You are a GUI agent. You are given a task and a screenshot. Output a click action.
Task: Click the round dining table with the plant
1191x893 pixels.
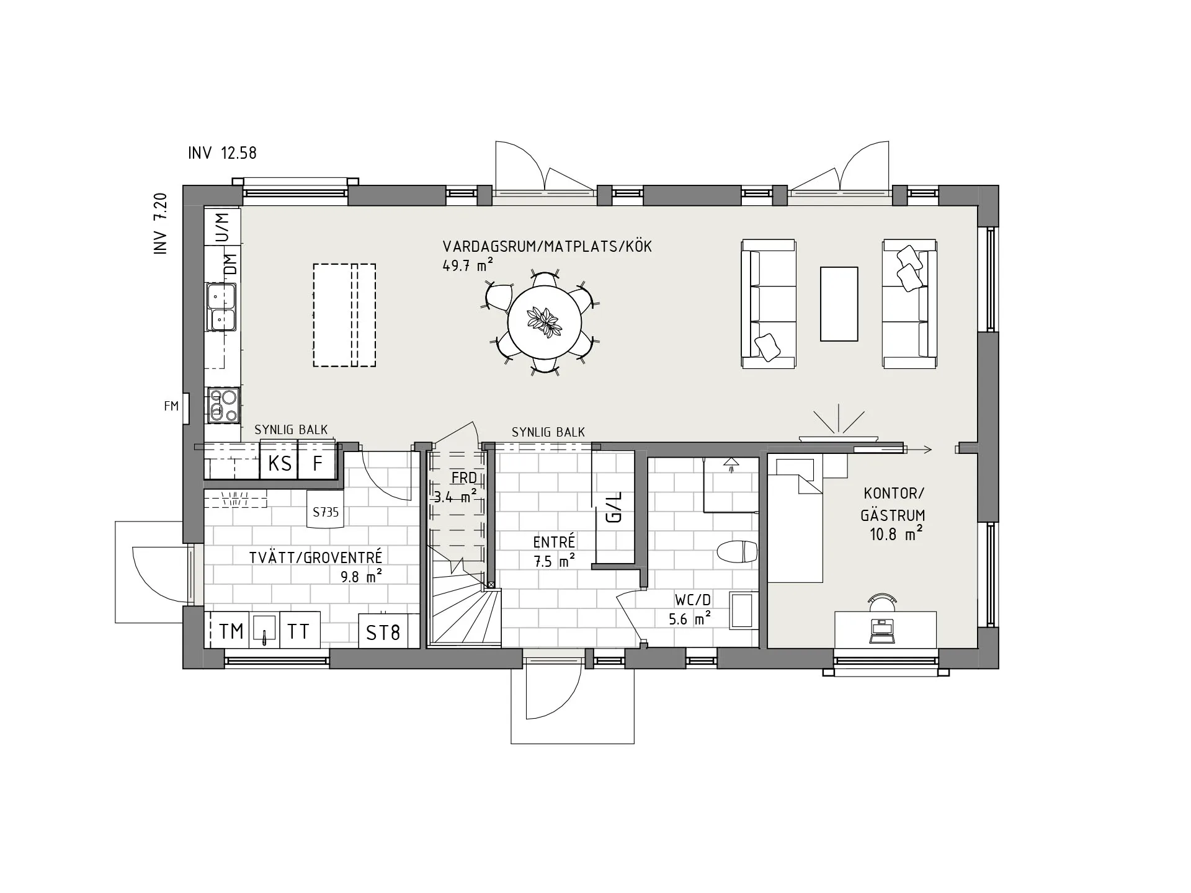[x=545, y=322]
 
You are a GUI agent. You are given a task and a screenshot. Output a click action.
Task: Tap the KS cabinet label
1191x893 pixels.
[x=279, y=463]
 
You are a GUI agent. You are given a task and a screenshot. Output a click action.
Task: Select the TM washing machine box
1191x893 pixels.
[x=231, y=631]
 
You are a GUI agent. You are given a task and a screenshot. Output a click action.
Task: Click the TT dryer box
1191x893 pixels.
[x=299, y=631]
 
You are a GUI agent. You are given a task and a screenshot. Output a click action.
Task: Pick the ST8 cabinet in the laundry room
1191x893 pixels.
[x=383, y=632]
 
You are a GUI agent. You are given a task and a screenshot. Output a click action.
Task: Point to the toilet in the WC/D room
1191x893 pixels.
[x=737, y=551]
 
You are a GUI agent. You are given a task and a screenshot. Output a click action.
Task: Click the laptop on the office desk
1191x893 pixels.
[x=882, y=629]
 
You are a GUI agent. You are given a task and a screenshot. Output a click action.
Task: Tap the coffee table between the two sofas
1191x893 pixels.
[x=839, y=304]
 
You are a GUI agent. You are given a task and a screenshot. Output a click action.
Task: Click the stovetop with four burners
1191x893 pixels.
[x=223, y=405]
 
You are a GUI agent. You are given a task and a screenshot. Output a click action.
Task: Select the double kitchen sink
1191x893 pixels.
[x=221, y=307]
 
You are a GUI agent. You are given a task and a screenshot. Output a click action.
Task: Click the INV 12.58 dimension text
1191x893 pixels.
[x=222, y=153]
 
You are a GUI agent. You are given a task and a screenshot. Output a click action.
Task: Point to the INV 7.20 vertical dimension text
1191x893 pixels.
[x=161, y=223]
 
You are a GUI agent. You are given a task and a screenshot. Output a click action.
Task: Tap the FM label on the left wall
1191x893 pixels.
[x=171, y=406]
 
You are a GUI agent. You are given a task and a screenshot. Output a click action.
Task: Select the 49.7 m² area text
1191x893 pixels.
[x=468, y=265]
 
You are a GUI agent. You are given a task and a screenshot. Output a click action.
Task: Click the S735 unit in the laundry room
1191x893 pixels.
[x=326, y=512]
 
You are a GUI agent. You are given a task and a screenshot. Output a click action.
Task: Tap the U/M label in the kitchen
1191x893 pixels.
[x=222, y=227]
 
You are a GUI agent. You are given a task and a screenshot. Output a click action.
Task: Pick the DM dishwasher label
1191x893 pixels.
[x=230, y=265]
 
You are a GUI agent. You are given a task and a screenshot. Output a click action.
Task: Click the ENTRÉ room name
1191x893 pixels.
[x=554, y=542]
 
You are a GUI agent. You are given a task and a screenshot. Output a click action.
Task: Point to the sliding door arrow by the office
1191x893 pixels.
[x=917, y=450]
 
